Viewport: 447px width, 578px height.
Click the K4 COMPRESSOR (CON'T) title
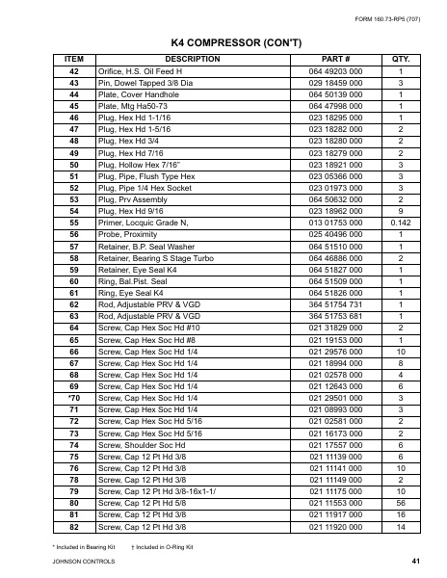coord(223,43)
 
